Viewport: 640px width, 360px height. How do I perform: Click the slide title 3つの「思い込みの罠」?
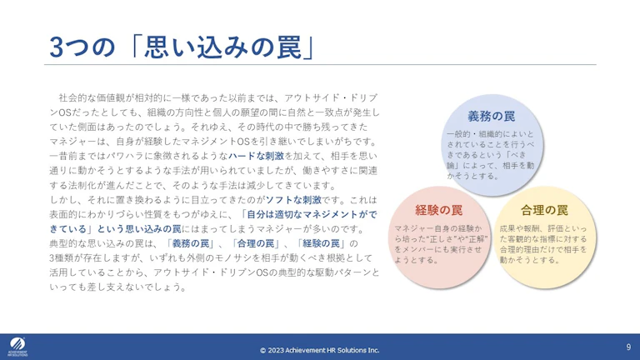pyautogui.click(x=182, y=47)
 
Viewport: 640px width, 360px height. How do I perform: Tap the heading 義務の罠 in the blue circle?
pyautogui.click(x=492, y=117)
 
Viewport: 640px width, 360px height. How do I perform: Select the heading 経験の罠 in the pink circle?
pyautogui.click(x=439, y=210)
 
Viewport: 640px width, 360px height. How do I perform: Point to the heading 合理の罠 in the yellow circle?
pyautogui.click(x=544, y=210)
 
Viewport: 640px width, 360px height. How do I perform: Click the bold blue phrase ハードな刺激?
pyautogui.click(x=256, y=156)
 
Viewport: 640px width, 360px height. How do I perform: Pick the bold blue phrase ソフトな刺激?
pyautogui.click(x=294, y=200)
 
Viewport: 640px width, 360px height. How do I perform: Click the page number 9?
pyautogui.click(x=628, y=347)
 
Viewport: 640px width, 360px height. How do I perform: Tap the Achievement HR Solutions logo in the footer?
pyautogui.click(x=17, y=347)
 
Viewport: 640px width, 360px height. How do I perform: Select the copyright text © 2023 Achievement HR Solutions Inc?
pyautogui.click(x=320, y=350)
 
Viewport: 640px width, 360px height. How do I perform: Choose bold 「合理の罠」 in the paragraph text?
pyautogui.click(x=256, y=243)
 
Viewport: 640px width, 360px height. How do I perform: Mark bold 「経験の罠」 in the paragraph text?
pyautogui.click(x=321, y=243)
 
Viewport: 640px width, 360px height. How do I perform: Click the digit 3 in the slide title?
pyautogui.click(x=57, y=47)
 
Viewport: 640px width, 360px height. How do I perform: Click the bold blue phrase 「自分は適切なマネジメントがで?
pyautogui.click(x=309, y=214)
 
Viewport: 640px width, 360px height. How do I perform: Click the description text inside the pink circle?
pyautogui.click(x=441, y=244)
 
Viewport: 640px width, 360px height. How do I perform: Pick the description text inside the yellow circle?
pyautogui.click(x=543, y=244)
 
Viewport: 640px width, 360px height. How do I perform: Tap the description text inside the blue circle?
pyautogui.click(x=490, y=155)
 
